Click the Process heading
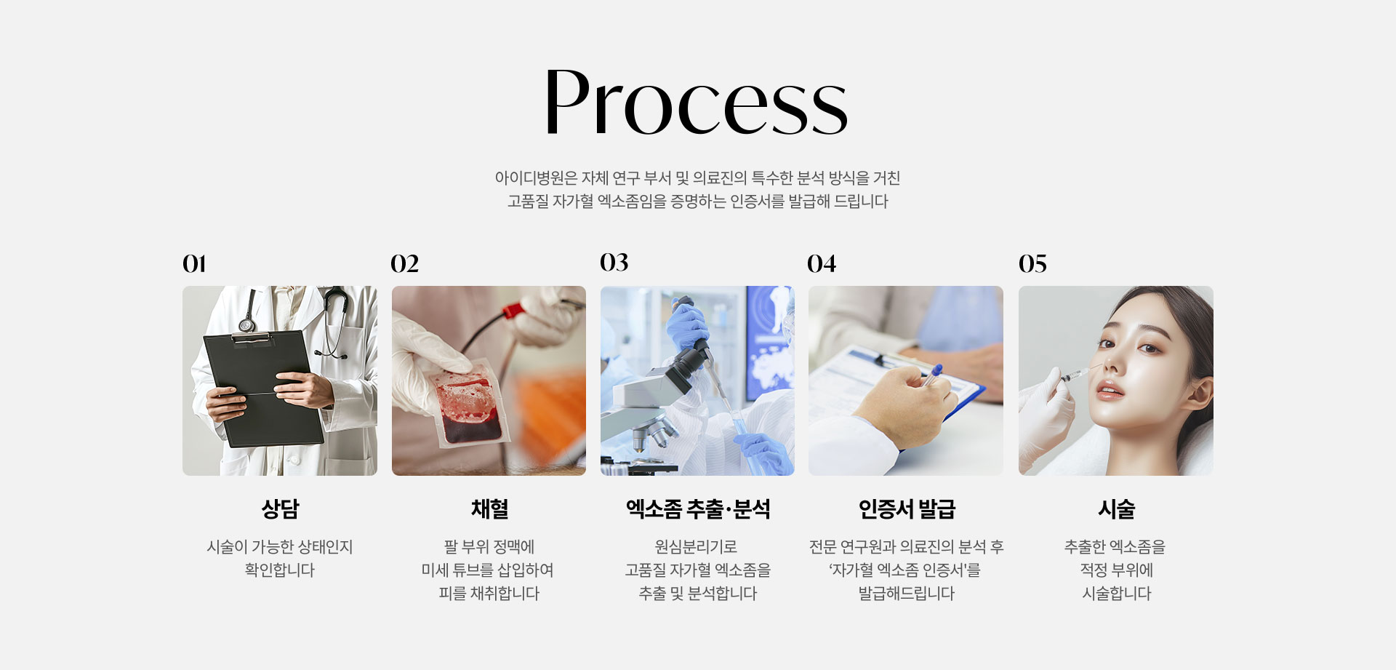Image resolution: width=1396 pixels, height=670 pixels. click(697, 102)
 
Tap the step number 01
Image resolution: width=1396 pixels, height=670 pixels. click(194, 263)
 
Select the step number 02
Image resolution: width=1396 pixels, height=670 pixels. click(404, 263)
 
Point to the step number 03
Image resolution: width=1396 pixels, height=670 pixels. click(614, 262)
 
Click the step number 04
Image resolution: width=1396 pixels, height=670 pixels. click(822, 263)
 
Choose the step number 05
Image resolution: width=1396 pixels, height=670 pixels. click(1032, 263)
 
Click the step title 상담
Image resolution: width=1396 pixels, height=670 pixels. click(280, 509)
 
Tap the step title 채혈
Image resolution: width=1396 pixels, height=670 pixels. click(489, 509)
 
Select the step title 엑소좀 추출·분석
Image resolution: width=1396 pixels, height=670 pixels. click(698, 509)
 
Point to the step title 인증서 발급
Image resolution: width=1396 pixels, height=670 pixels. click(907, 509)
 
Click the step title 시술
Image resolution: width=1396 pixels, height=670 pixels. click(1116, 509)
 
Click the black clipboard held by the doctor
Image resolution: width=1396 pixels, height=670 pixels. click(262, 388)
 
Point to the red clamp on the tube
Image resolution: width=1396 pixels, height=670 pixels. click(513, 311)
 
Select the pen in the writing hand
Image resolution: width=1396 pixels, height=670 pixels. click(931, 376)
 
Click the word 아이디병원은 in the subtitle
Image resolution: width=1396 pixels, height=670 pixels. click(536, 178)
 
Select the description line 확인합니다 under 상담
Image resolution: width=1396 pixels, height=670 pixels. click(280, 570)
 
